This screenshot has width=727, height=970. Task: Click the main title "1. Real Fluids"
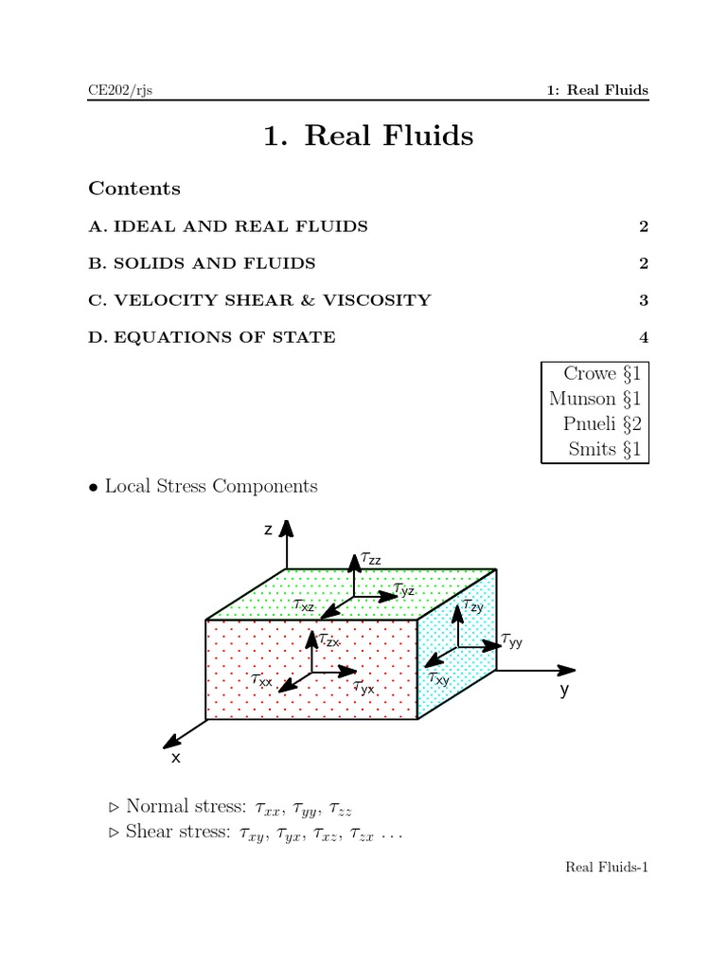pos(368,136)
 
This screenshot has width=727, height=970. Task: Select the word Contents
pos(134,189)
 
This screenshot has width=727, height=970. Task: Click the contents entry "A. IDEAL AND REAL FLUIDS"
pos(228,226)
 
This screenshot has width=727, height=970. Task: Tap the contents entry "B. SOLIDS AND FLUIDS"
pos(203,263)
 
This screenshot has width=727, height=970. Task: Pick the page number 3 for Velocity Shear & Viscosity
pos(643,300)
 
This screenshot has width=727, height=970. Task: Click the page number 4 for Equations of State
pos(643,337)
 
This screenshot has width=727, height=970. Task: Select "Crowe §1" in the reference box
pos(602,374)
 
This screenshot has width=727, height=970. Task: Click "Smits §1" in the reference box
pos(604,449)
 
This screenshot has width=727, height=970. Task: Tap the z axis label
pos(268,530)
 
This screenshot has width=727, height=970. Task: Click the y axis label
pos(564,690)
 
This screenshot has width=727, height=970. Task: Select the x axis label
pos(175,759)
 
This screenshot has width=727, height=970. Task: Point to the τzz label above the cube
pos(371,560)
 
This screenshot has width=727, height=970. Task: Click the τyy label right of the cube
pos(511,641)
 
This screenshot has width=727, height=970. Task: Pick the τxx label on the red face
pos(261,680)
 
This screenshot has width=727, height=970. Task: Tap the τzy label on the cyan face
pos(472,605)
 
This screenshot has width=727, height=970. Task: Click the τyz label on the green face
pos(404,589)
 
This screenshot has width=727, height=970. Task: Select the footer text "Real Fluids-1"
pos(607,867)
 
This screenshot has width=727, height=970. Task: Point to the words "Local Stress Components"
pos(211,486)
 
